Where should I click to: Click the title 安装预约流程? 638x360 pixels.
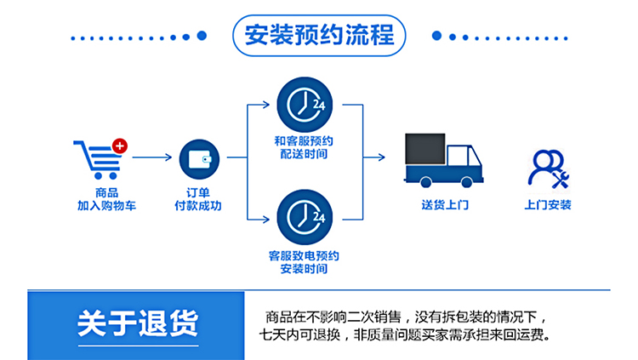pyautogui.click(x=318, y=36)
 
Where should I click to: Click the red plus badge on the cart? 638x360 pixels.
pyautogui.click(x=120, y=146)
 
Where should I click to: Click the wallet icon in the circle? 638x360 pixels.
pyautogui.click(x=200, y=158)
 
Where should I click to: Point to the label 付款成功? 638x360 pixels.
pyautogui.click(x=198, y=206)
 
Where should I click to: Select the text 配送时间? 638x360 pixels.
pyautogui.click(x=304, y=155)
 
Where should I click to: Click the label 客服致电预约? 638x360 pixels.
pyautogui.click(x=304, y=255)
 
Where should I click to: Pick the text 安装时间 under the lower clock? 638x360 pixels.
pyautogui.click(x=304, y=269)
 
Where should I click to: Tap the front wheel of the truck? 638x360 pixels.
pyautogui.click(x=470, y=180)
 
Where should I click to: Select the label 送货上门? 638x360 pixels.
pyautogui.click(x=444, y=206)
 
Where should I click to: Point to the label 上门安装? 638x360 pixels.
pyautogui.click(x=548, y=206)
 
